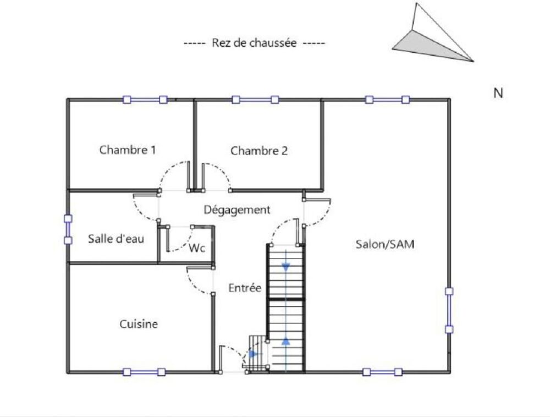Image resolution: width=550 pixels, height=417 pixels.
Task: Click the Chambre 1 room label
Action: [x=128, y=150]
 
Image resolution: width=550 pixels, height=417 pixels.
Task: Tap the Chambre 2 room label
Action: [x=259, y=151]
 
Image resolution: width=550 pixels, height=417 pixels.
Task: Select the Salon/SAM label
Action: [x=385, y=244]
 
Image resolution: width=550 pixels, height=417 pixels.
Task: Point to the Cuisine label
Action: [x=139, y=323]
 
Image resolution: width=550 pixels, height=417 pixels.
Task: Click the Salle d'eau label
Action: [x=116, y=239]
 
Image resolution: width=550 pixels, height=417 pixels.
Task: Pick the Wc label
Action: [x=197, y=248]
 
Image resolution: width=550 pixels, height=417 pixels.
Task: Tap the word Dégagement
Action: [x=237, y=210]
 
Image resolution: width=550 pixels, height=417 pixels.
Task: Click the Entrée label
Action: [x=245, y=288]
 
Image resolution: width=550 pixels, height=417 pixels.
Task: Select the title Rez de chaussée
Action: [x=254, y=43]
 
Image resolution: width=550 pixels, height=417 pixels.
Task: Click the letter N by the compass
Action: [x=498, y=94]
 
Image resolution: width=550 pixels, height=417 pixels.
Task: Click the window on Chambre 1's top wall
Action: [x=145, y=100]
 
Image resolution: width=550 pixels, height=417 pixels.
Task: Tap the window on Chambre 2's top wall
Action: [x=255, y=100]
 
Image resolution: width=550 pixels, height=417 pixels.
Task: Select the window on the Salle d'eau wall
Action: [x=68, y=230]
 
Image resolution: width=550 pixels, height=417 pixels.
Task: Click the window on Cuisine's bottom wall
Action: [x=144, y=372]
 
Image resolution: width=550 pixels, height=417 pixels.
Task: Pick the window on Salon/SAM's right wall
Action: [x=449, y=310]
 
